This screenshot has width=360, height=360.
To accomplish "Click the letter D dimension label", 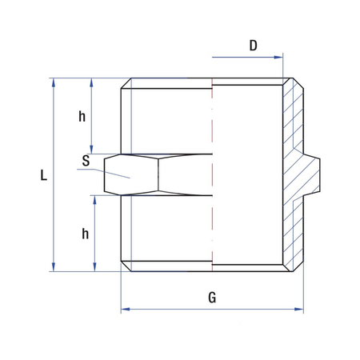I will (253, 46).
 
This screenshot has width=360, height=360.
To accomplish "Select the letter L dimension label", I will (43, 175).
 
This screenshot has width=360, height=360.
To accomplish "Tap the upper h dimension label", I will (82, 116).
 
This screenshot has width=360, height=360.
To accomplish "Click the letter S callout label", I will (86, 160).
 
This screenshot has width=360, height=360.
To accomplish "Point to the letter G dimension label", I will (212, 298).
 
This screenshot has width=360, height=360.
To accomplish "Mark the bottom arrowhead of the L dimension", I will (54, 266).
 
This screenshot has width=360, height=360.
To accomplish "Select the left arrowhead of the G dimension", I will (125, 309).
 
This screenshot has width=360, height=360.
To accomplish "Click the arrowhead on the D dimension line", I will (279, 58).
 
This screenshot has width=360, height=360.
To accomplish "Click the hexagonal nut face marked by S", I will (132, 174).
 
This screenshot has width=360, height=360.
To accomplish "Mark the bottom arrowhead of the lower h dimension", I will (94, 266).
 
